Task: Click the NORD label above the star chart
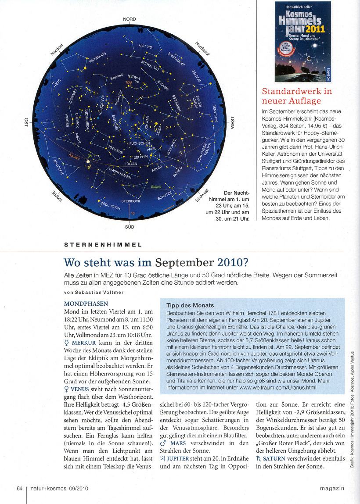click(130, 19)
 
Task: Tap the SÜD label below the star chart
click(130, 227)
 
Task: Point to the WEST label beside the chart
click(233, 123)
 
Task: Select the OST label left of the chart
click(26, 122)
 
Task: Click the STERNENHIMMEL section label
click(103, 244)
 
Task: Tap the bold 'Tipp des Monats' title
click(190, 305)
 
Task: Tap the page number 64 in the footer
click(19, 489)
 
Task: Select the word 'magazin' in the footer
click(332, 489)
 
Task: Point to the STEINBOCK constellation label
click(130, 201)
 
